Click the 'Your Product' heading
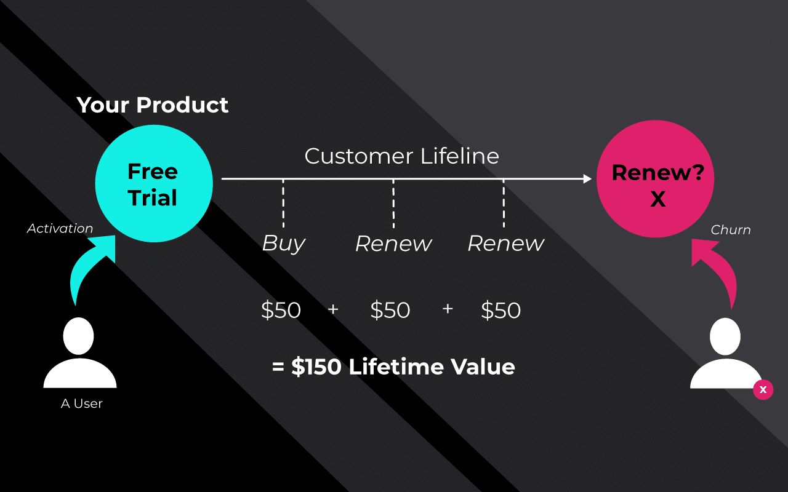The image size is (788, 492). click(152, 105)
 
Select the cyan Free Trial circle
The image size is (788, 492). click(154, 183)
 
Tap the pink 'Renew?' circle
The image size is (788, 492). click(656, 179)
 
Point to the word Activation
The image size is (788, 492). click(60, 228)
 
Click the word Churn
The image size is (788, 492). click(731, 230)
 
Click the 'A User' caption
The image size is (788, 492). click(82, 403)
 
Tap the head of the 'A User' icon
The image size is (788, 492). click(78, 336)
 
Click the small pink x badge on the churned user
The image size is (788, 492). click(763, 390)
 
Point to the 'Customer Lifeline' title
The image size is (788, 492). click(402, 156)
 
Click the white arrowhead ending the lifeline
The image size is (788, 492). click(587, 179)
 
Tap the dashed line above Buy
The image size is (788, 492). click(283, 204)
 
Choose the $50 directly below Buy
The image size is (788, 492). click(281, 310)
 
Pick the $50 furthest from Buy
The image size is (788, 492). click(501, 310)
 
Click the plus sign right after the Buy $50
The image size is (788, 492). click(333, 309)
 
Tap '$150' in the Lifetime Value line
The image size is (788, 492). click(316, 367)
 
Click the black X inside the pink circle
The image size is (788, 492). click(658, 199)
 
